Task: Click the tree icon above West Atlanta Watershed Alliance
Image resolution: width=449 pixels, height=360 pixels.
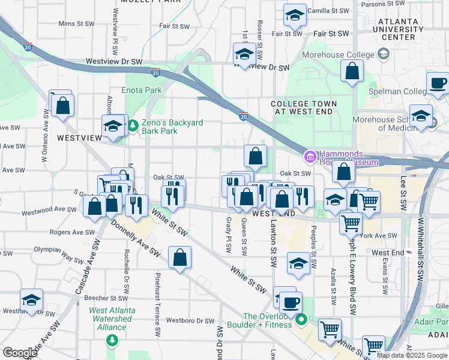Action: (111, 340)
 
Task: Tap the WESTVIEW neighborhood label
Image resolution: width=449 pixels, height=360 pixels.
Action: (80, 137)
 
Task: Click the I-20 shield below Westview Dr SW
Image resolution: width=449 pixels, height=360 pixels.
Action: (155, 73)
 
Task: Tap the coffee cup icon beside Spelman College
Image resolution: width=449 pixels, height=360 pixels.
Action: (438, 83)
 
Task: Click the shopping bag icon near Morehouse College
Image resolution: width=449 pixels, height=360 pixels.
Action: (352, 71)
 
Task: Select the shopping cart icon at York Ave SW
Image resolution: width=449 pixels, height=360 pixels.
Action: (350, 223)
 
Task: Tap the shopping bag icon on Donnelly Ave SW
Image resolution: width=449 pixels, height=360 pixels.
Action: (180, 258)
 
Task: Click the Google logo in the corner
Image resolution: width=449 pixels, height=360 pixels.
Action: (20, 353)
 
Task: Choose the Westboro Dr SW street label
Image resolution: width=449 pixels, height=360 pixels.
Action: (190, 320)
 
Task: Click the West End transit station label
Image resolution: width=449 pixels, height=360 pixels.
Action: (387, 252)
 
